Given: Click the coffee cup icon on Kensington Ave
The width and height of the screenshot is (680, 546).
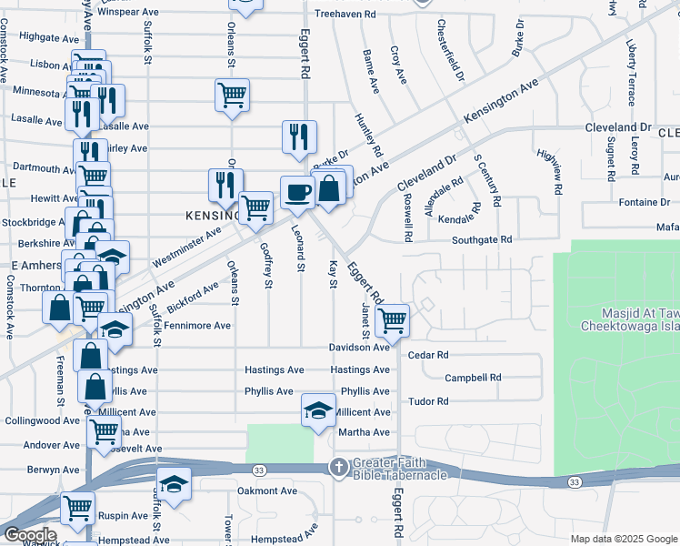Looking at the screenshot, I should pos(298,191).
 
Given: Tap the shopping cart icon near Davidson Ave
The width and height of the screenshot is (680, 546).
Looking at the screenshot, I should pos(392,319).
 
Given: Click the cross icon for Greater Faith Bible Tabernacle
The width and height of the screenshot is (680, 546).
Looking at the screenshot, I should pos(337,468).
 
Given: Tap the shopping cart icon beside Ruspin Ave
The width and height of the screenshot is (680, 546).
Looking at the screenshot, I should pos(78,507).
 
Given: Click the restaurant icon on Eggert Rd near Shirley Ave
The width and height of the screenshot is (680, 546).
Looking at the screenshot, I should pos(299,136).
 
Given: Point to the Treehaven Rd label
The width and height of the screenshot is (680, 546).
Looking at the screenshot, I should pos(345,15).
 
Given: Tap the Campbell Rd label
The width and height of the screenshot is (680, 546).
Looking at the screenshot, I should pos(473,378).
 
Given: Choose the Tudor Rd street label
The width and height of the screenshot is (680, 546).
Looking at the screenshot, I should pos(429,401).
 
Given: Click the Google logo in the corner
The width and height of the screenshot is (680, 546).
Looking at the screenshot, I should pos(30,535).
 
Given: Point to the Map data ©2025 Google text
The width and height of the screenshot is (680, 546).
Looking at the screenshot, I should pos(624,539).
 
